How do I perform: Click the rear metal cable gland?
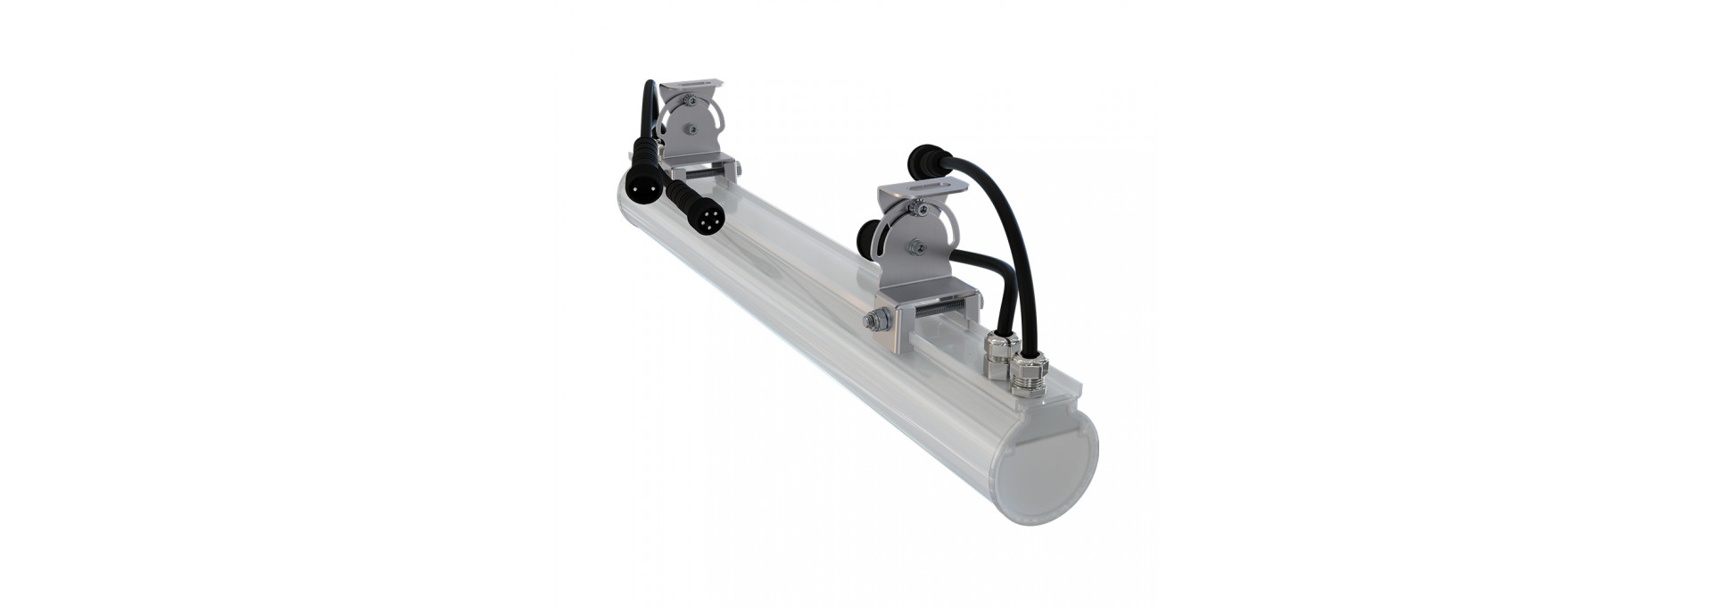[993, 351]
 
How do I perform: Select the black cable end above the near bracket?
[922, 166]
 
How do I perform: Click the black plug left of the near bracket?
[867, 241]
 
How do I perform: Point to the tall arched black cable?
[1008, 241]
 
